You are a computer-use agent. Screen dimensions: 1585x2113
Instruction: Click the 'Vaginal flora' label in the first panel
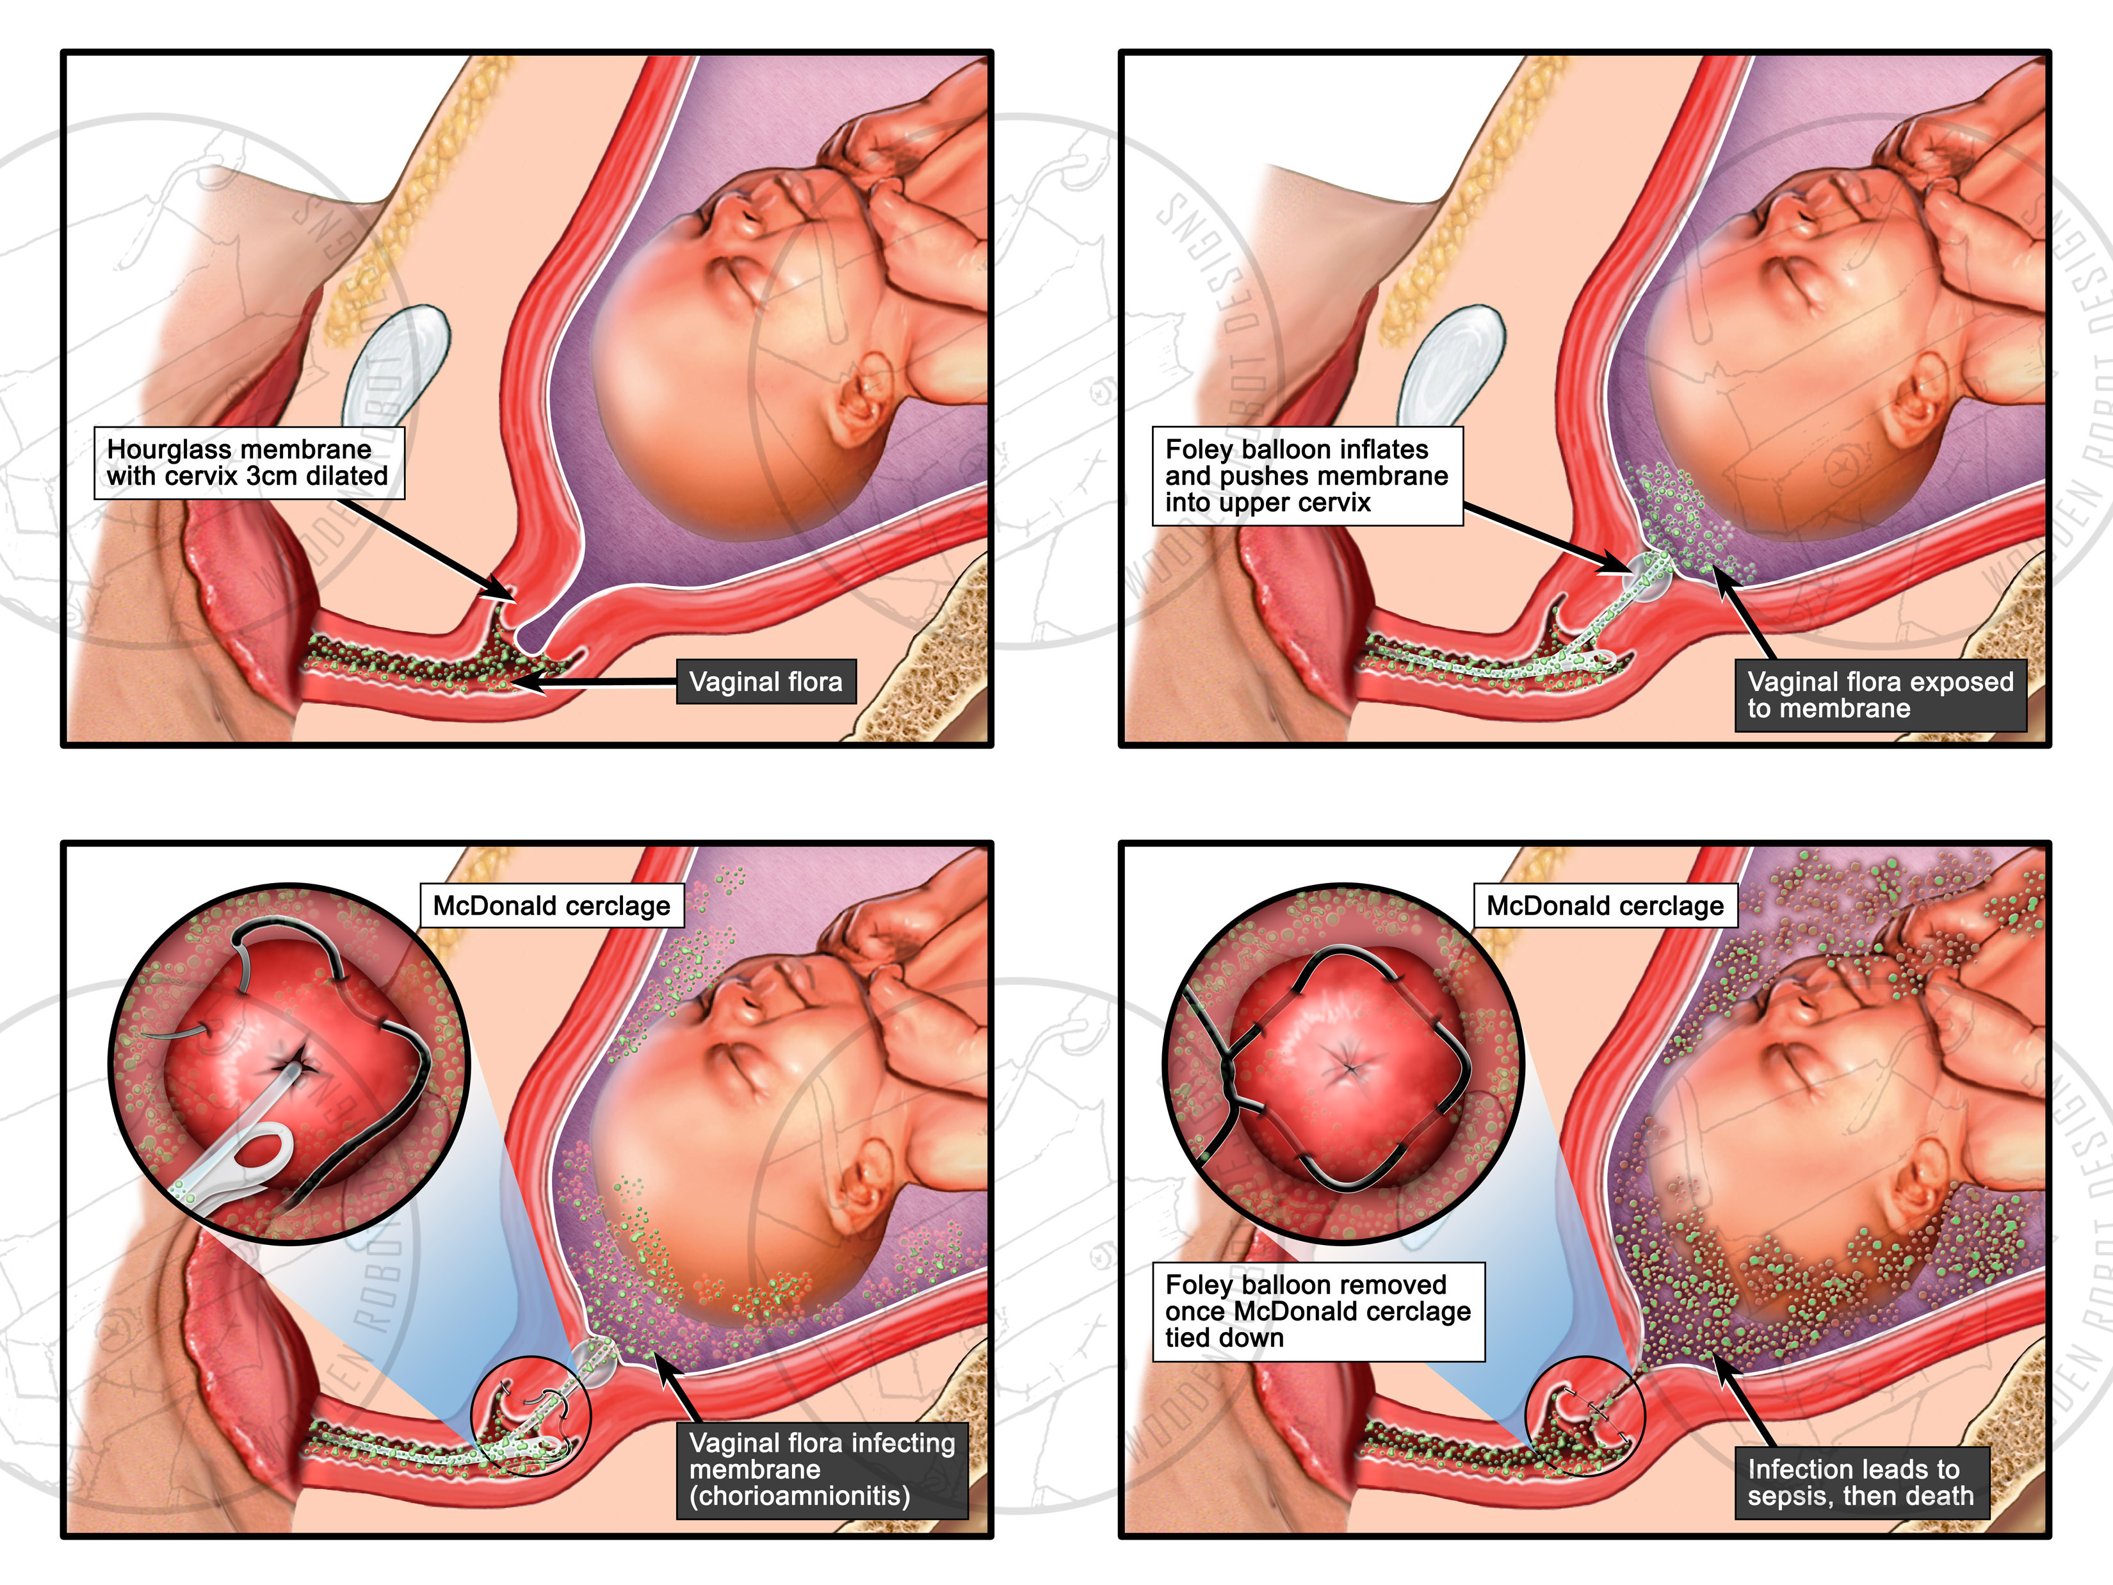tap(765, 682)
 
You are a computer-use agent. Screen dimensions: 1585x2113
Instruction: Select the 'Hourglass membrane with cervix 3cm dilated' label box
tap(248, 464)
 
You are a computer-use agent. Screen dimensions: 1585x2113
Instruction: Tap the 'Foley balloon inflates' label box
tap(1307, 476)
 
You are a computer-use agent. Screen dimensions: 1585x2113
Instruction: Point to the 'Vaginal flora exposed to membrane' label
tap(1879, 695)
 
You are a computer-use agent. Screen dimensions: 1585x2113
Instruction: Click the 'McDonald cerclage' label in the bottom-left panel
tap(551, 906)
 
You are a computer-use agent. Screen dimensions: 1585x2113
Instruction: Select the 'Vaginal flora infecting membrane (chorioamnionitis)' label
tap(822, 1468)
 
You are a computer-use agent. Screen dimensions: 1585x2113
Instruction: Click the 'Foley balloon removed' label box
tap(1318, 1311)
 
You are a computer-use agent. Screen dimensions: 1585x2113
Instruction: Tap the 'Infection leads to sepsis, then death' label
tap(1860, 1482)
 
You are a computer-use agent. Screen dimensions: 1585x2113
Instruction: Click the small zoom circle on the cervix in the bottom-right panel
tap(1585, 1414)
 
